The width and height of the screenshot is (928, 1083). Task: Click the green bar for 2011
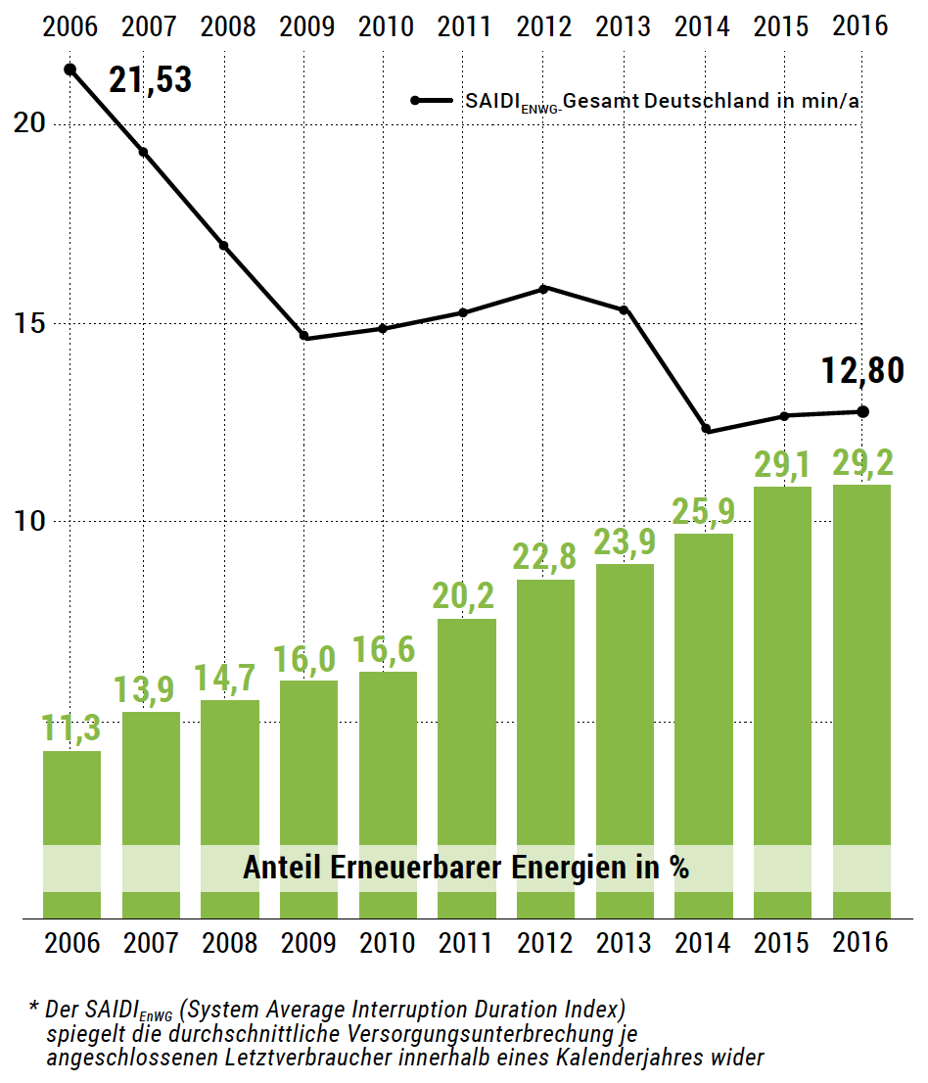point(466,764)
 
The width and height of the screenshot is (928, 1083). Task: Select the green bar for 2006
point(71,832)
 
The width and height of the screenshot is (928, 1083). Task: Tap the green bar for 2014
point(703,725)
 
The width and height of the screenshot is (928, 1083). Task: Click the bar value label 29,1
point(782,464)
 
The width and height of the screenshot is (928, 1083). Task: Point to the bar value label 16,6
point(387,649)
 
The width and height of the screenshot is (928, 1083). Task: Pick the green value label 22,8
point(545,557)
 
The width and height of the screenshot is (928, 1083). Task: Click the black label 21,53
point(150,80)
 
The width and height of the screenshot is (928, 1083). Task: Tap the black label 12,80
point(861,371)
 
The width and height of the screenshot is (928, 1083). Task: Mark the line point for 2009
point(304,337)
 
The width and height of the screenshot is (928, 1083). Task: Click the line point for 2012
point(544,288)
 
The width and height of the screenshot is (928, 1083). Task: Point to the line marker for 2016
point(862,411)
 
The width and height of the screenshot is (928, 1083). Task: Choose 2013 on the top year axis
point(624,26)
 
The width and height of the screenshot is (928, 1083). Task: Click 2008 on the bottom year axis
point(228,944)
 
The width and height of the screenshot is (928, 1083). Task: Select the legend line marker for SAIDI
point(433,100)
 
